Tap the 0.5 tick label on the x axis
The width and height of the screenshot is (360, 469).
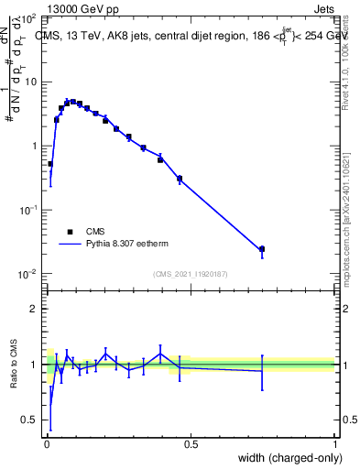pos(191,444)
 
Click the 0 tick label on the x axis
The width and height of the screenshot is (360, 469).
pos(47,444)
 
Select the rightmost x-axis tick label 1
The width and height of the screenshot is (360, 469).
pos(334,444)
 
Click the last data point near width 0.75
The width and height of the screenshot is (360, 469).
pos(262,249)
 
